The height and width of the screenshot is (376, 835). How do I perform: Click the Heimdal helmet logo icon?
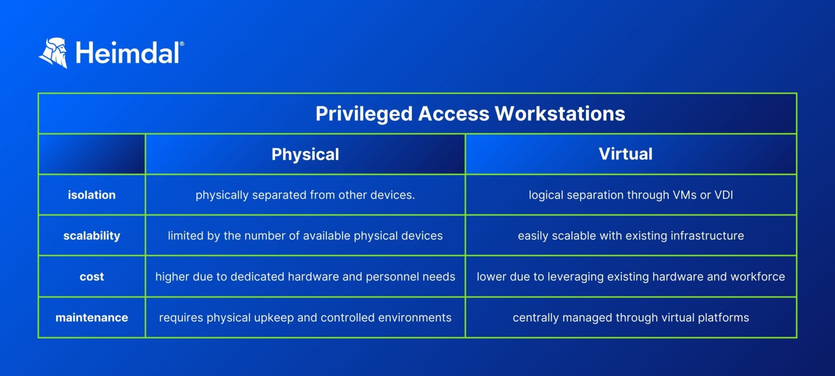53,53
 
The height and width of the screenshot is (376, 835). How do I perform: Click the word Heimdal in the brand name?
127,53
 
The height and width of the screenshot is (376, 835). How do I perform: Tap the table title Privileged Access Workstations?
470,114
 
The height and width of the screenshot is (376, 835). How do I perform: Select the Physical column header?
305,155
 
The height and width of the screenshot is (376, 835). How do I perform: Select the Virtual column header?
625,154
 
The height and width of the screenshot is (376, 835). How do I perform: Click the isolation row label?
91,195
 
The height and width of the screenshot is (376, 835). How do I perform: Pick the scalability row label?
91,236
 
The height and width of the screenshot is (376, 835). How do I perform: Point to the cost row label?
91,276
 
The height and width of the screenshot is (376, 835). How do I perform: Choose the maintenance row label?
91,317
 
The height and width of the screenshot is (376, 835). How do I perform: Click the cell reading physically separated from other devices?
305,195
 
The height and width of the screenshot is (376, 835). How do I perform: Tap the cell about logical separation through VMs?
631,195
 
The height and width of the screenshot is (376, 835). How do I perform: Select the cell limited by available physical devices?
305,236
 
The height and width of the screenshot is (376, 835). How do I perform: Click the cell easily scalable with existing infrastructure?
631,236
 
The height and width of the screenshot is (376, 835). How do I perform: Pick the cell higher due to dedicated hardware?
305,276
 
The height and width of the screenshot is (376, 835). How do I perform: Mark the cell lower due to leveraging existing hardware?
631,276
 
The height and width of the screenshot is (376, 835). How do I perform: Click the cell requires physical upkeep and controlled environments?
305,317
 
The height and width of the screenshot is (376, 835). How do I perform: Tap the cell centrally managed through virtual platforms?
631,317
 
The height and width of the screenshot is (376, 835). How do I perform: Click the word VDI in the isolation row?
723,195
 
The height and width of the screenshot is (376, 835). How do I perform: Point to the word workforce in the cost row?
758,276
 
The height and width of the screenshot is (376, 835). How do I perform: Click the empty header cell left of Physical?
91,154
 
